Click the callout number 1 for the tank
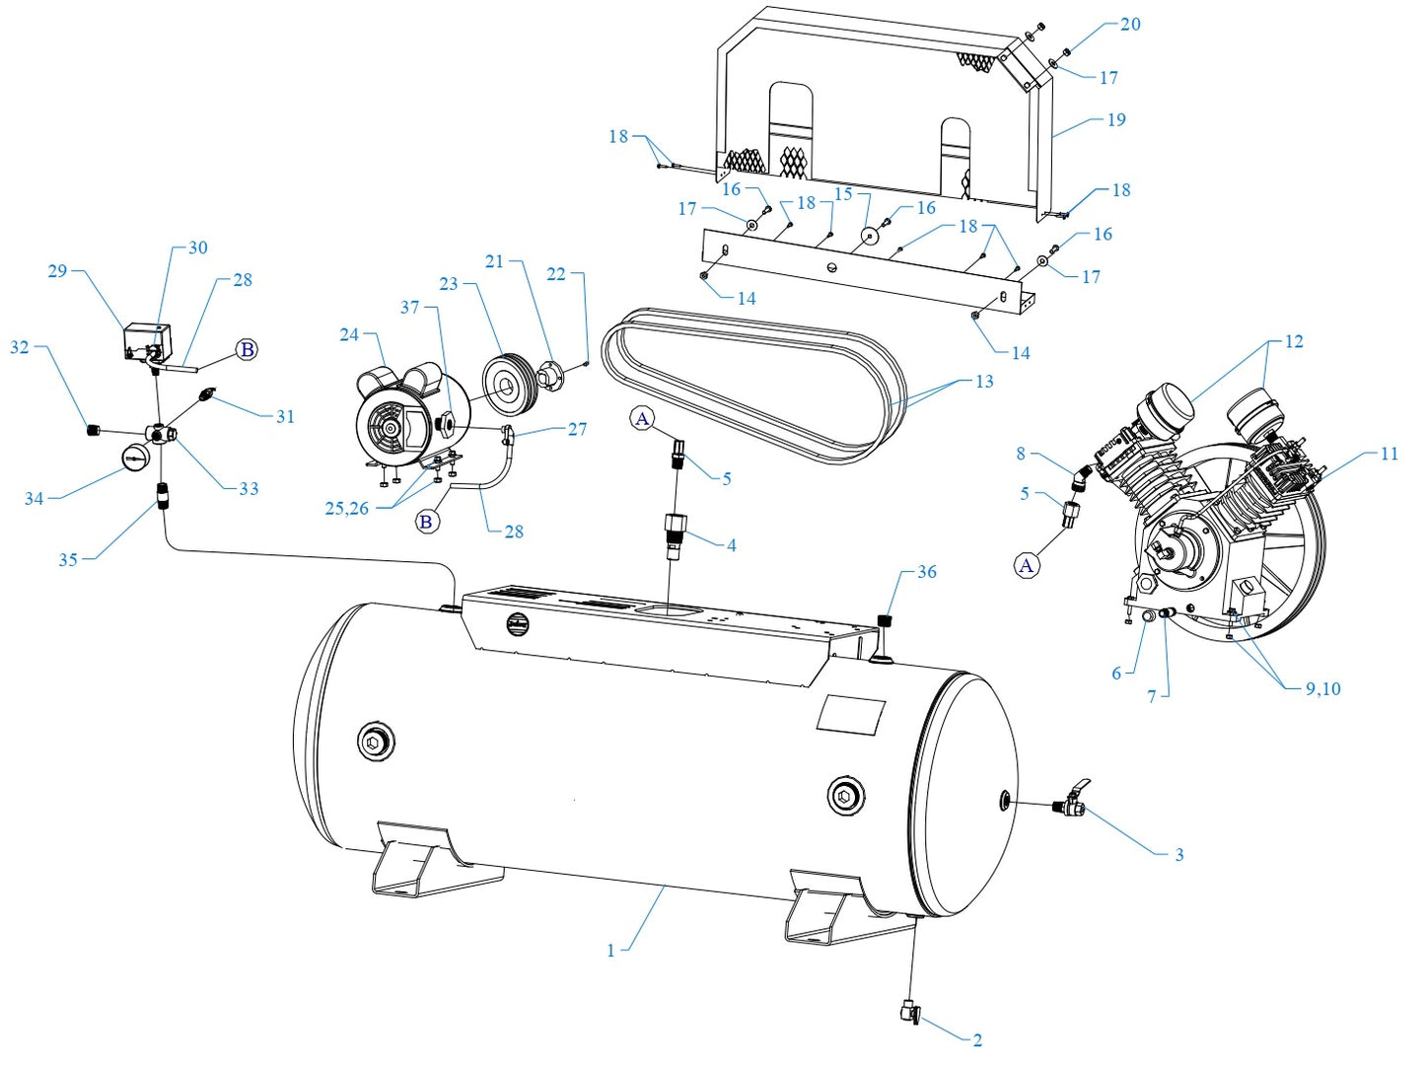tap(610, 951)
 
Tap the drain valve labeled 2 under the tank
tap(909, 1012)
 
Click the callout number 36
tap(926, 572)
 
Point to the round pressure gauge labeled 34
tap(134, 459)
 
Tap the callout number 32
tap(20, 347)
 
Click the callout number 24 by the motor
tap(349, 334)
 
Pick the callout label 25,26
tap(346, 509)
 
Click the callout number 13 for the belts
tap(983, 382)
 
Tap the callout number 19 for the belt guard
tap(1115, 120)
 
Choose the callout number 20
tap(1130, 24)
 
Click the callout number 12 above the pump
tap(1293, 341)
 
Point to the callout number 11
tap(1389, 454)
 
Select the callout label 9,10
tap(1322, 688)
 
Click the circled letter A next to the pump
tap(1027, 565)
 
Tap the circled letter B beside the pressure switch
tap(248, 349)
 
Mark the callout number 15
tap(842, 193)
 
